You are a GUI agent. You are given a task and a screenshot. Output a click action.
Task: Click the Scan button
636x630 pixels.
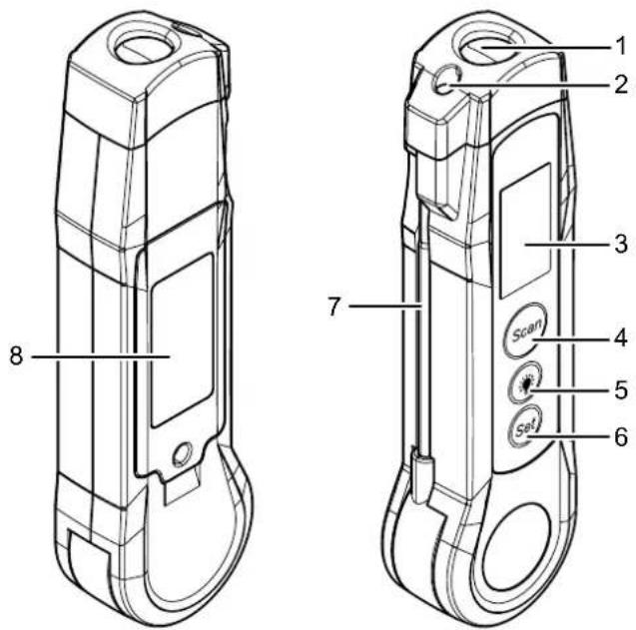pos(526,330)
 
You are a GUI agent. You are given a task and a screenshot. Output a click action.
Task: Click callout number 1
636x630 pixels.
pos(621,47)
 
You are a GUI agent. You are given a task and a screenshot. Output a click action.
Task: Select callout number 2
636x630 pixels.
pos(621,85)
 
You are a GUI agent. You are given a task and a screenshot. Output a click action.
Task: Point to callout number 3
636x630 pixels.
pos(621,245)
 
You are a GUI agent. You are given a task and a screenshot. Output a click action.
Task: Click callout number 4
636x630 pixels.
pos(621,338)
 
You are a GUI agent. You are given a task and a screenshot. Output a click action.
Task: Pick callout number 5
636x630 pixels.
pos(621,390)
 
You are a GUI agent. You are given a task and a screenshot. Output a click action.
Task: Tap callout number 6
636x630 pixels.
pos(621,437)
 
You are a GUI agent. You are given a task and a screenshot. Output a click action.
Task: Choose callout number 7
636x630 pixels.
pos(333,307)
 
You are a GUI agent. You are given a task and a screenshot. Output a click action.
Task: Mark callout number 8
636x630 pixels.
pos(16,356)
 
